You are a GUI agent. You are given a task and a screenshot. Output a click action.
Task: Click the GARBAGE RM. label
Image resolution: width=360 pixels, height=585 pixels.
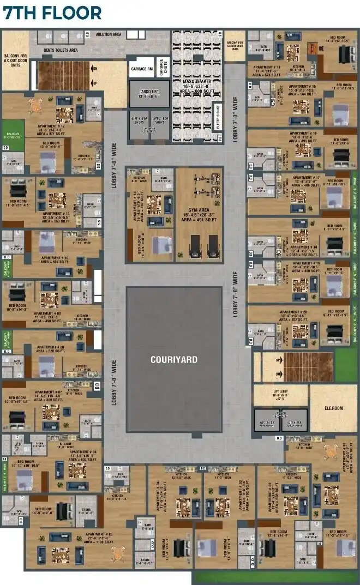(141, 69)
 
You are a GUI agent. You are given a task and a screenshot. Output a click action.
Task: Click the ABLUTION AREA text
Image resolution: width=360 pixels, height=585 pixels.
(109, 34)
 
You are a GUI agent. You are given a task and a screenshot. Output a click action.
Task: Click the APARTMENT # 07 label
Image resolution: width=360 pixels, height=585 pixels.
(49, 392)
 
